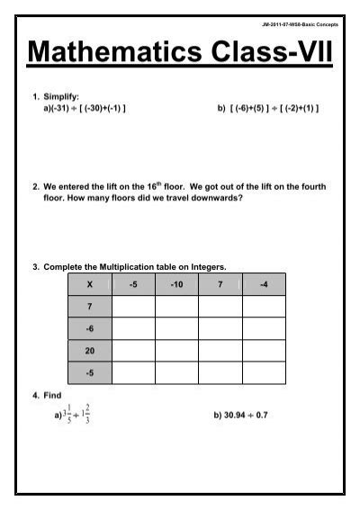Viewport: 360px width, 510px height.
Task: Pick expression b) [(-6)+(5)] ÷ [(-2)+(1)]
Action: pyautogui.click(x=267, y=108)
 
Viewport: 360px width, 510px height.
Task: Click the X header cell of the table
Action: pyautogui.click(x=89, y=284)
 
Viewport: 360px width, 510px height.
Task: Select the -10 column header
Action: pyautogui.click(x=176, y=284)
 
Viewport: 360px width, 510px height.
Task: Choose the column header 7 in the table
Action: pyautogui.click(x=220, y=284)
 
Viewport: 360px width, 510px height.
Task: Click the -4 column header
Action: pyautogui.click(x=264, y=284)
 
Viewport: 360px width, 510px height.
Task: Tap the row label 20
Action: pyautogui.click(x=89, y=350)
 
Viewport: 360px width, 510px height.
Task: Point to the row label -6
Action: pyautogui.click(x=89, y=328)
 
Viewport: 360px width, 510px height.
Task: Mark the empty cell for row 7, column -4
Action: pyautogui.click(x=264, y=307)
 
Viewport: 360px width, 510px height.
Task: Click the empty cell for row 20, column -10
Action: pyautogui.click(x=176, y=350)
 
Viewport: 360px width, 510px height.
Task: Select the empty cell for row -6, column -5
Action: pyautogui.click(x=133, y=328)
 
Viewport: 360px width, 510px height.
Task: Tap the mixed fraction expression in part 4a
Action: pyautogui.click(x=75, y=416)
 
